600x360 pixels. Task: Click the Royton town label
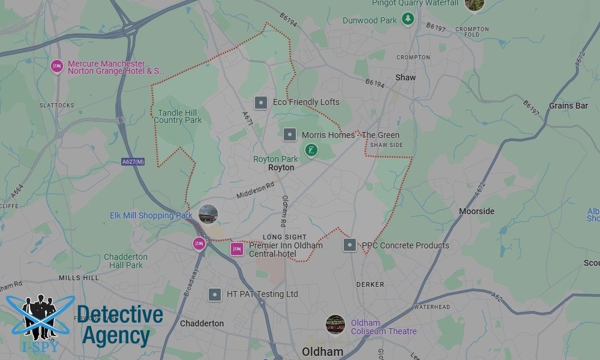coord(281,168)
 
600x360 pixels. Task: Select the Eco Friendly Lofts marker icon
coord(260,103)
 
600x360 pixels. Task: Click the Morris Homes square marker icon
coord(289,135)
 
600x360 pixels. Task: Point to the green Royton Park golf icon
coord(311,149)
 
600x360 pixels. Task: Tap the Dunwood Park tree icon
coord(408,19)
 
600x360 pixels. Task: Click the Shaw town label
coord(405,77)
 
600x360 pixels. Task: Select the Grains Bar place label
coord(568,106)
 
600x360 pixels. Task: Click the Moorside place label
coord(476,211)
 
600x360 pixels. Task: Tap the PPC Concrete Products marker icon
coord(350,245)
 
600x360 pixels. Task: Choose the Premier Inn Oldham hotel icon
coord(237,249)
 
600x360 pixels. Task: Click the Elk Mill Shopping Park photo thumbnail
coord(208,214)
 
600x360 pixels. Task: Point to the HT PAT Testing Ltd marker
coord(215,295)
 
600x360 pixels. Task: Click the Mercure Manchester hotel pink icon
coord(57,66)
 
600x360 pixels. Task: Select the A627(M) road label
coord(133,161)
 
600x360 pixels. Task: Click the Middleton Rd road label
coord(254,191)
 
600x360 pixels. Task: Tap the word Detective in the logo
coord(120,315)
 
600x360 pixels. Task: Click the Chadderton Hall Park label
coord(126,261)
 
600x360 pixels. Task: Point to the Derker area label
coord(370,284)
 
